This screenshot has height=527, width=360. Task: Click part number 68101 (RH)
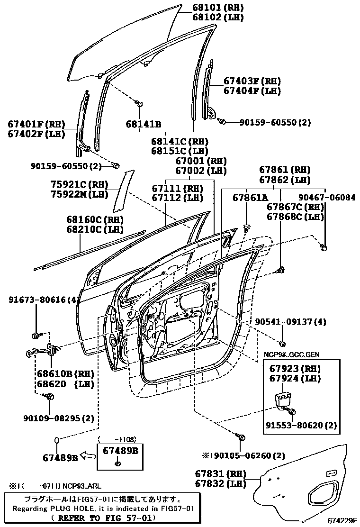click(218, 8)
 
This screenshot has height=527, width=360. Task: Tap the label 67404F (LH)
click(252, 91)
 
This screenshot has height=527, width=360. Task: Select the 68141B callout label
click(144, 124)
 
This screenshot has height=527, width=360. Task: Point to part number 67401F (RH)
click(36, 124)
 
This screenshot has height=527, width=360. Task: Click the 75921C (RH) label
click(80, 184)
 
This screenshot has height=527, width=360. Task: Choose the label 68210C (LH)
click(95, 229)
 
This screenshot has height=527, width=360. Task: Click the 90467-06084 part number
click(327, 197)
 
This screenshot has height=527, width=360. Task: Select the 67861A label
click(250, 198)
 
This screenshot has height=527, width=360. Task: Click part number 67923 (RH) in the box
click(295, 369)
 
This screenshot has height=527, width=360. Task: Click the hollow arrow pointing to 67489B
click(89, 456)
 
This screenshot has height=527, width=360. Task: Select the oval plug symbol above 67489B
click(57, 440)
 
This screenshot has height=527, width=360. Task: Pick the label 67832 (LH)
click(221, 484)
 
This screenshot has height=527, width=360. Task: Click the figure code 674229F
click(342, 521)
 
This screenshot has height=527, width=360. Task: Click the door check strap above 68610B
click(44, 351)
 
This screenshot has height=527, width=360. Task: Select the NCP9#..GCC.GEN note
click(291, 354)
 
